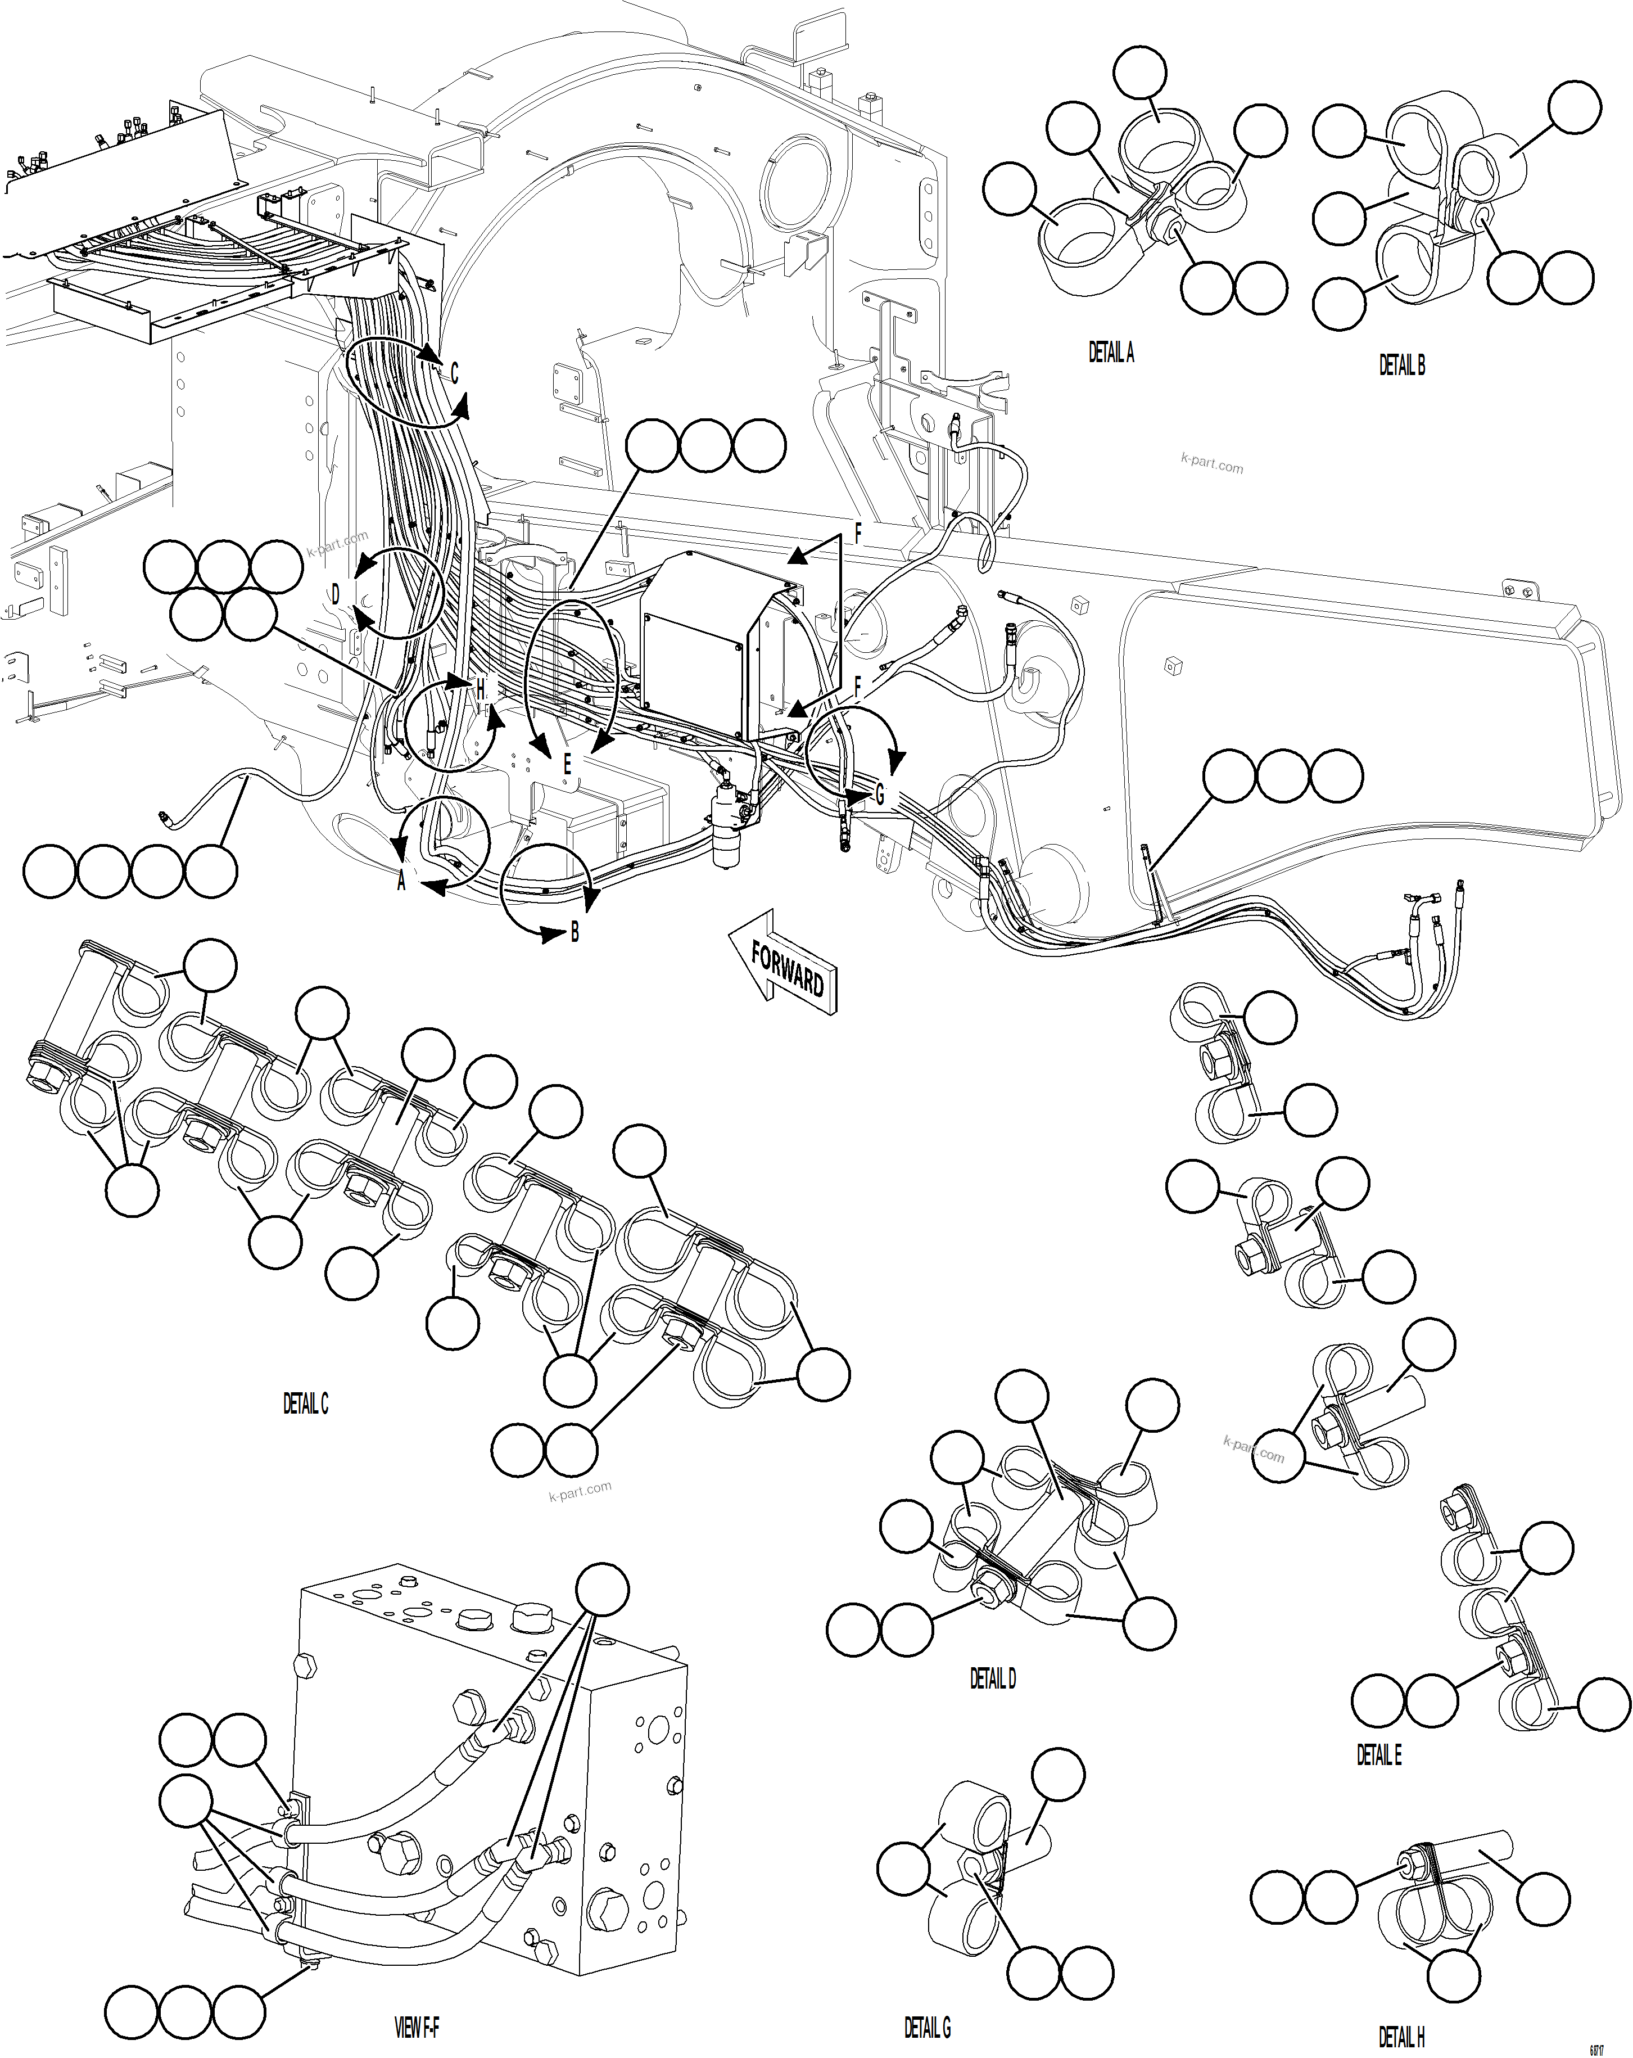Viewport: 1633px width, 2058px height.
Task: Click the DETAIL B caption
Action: (1401, 364)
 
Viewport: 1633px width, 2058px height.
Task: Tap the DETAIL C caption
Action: (305, 1403)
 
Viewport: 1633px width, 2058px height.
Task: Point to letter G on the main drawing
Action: (879, 794)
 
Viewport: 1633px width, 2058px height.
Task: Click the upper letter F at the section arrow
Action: (857, 535)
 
